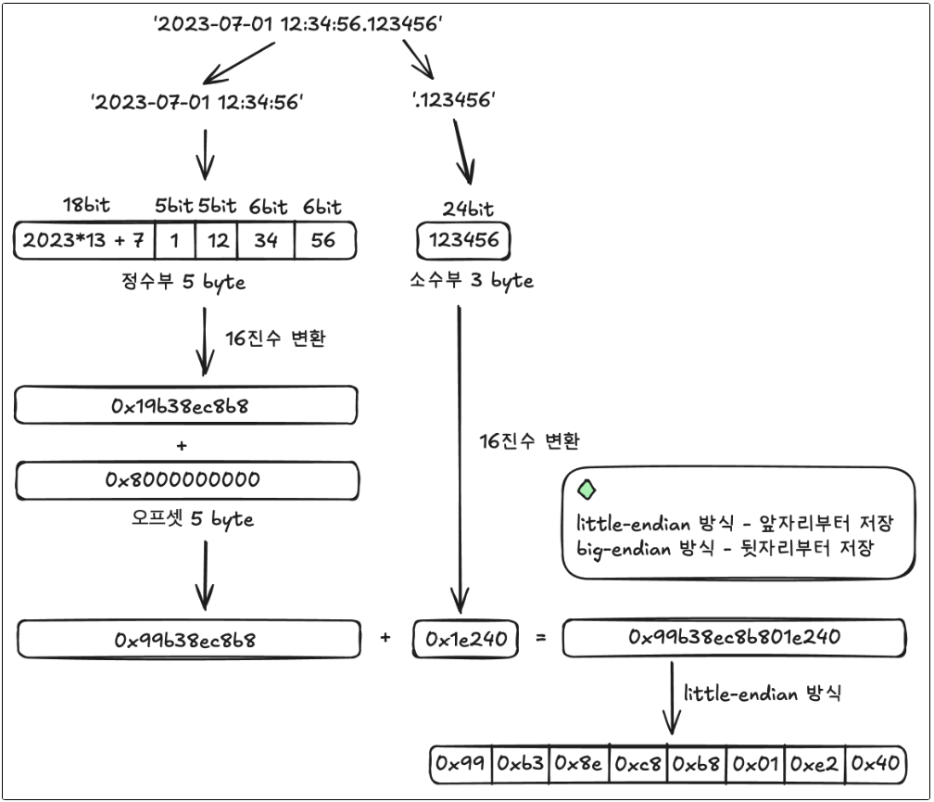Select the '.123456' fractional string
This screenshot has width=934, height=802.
(454, 101)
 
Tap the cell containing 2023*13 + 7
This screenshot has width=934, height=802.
(84, 241)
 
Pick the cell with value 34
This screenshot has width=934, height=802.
(266, 241)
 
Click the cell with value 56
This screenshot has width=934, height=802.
(323, 241)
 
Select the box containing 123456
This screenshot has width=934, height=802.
(463, 241)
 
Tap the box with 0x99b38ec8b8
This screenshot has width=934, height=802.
(187, 640)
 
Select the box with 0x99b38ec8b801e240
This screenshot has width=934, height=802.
(734, 638)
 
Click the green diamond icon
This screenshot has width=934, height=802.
(587, 490)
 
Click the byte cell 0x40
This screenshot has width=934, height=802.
(874, 764)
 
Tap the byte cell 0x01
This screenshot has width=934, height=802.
(755, 764)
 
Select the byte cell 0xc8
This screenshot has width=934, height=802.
(638, 764)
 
